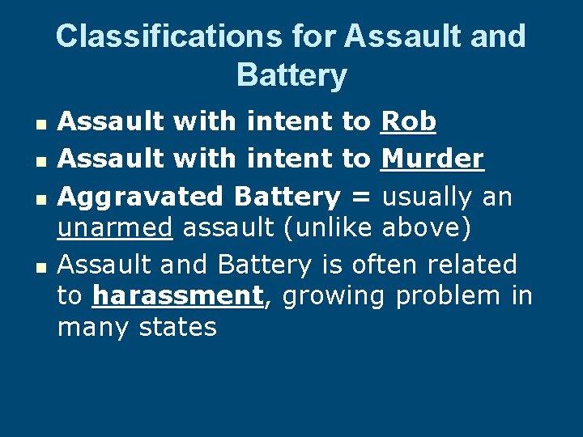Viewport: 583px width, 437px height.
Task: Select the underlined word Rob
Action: click(409, 122)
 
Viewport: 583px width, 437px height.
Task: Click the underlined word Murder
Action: click(432, 159)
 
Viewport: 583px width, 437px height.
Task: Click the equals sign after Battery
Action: click(360, 197)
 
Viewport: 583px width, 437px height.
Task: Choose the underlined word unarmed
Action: click(114, 229)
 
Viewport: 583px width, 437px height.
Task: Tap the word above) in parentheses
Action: click(425, 229)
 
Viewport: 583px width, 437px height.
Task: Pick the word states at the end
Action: click(178, 328)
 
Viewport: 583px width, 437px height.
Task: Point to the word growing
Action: click(333, 296)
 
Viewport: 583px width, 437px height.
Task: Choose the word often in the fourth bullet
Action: click(380, 265)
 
